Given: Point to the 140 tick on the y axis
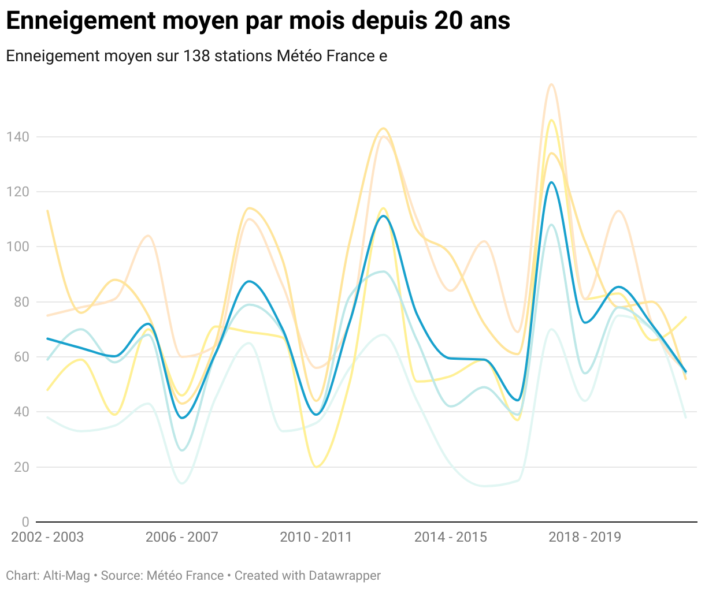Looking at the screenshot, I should click(x=17, y=137).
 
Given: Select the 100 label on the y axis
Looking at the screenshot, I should click(x=17, y=247).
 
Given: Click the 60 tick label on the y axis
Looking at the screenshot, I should click(x=21, y=357).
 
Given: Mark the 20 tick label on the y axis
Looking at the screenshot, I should click(x=21, y=467).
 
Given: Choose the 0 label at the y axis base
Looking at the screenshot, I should click(x=25, y=522).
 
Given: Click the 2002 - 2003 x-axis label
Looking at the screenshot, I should click(x=47, y=537).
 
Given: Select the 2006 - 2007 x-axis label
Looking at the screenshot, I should click(x=181, y=537).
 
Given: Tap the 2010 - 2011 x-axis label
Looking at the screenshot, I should click(x=316, y=537).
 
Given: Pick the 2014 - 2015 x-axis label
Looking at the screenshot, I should click(x=450, y=537).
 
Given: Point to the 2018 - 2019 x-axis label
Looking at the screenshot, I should click(x=585, y=537).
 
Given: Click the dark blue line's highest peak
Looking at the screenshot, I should click(x=551, y=182).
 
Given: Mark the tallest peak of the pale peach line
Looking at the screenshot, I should click(x=551, y=84).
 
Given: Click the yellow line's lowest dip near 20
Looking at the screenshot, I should click(x=316, y=467).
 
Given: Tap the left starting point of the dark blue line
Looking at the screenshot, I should click(x=47, y=338).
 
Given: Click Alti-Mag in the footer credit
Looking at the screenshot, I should click(x=66, y=576).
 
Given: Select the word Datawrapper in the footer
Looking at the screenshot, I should click(x=344, y=576).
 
